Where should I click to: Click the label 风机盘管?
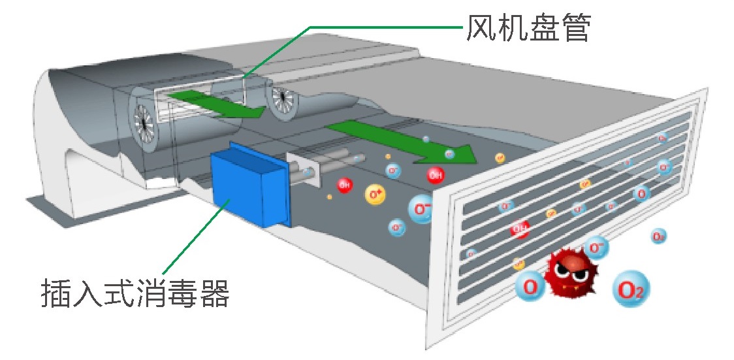pos(528,27)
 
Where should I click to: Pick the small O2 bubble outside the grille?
pos(658,237)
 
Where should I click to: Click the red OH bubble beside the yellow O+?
pos(344,185)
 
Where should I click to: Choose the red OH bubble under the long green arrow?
pos(436,174)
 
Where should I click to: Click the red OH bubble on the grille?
pos(520,229)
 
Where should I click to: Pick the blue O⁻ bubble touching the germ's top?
pos(596,247)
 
